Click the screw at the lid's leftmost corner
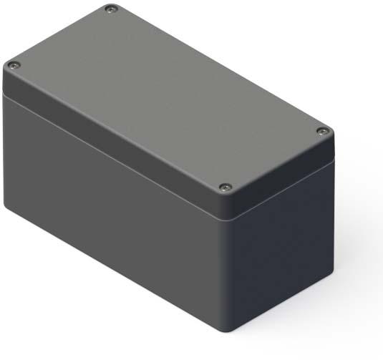(x=12, y=67)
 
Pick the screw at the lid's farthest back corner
(x=110, y=9)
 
